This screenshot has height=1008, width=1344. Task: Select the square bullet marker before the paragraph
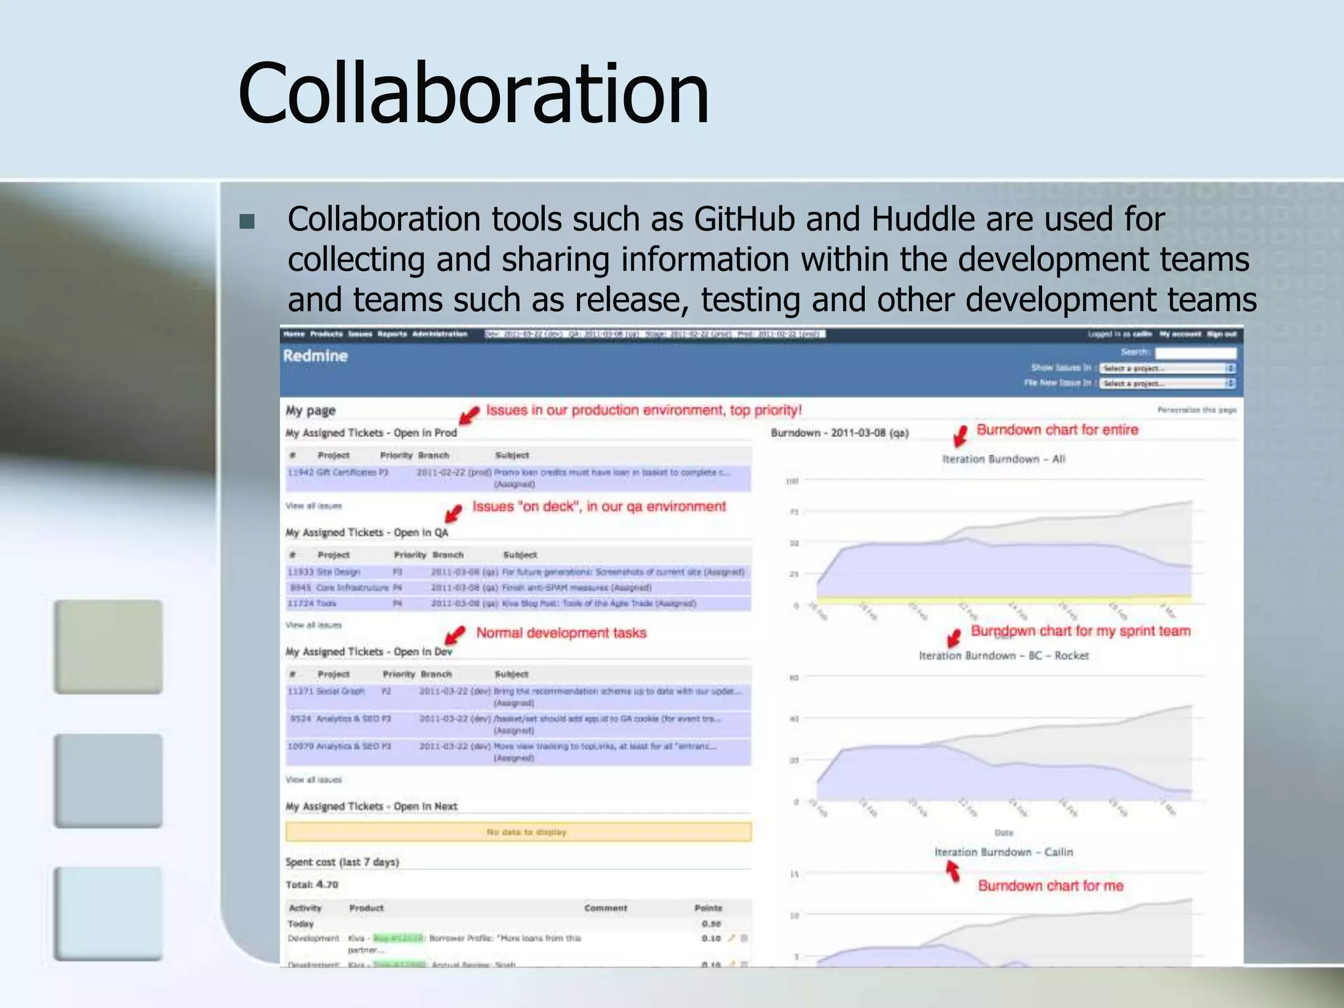[x=247, y=222]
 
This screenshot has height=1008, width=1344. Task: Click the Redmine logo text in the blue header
[x=315, y=356]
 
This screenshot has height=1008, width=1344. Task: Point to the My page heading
[x=310, y=410]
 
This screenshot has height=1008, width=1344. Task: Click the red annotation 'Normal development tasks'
[x=561, y=633]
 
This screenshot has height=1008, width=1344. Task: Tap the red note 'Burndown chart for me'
[x=1050, y=886]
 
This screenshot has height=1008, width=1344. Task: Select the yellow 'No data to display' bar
[x=518, y=832]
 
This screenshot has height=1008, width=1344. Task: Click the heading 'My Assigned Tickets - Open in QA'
[x=367, y=532]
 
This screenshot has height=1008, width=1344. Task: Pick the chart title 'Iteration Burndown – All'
[x=1003, y=459]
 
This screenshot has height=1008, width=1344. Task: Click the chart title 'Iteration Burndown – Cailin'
[x=1003, y=852]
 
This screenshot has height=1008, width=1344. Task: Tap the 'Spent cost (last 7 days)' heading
[x=342, y=862]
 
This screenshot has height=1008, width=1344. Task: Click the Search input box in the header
[x=1195, y=352]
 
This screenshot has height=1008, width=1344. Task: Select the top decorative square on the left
[x=108, y=646]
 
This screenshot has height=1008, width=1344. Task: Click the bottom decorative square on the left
[x=108, y=913]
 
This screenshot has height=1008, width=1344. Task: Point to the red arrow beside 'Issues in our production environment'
[x=469, y=415]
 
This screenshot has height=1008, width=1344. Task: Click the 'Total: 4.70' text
[x=312, y=884]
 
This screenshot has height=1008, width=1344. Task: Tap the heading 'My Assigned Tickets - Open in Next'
[x=371, y=806]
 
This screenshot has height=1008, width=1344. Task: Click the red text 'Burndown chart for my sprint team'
[x=1080, y=631]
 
